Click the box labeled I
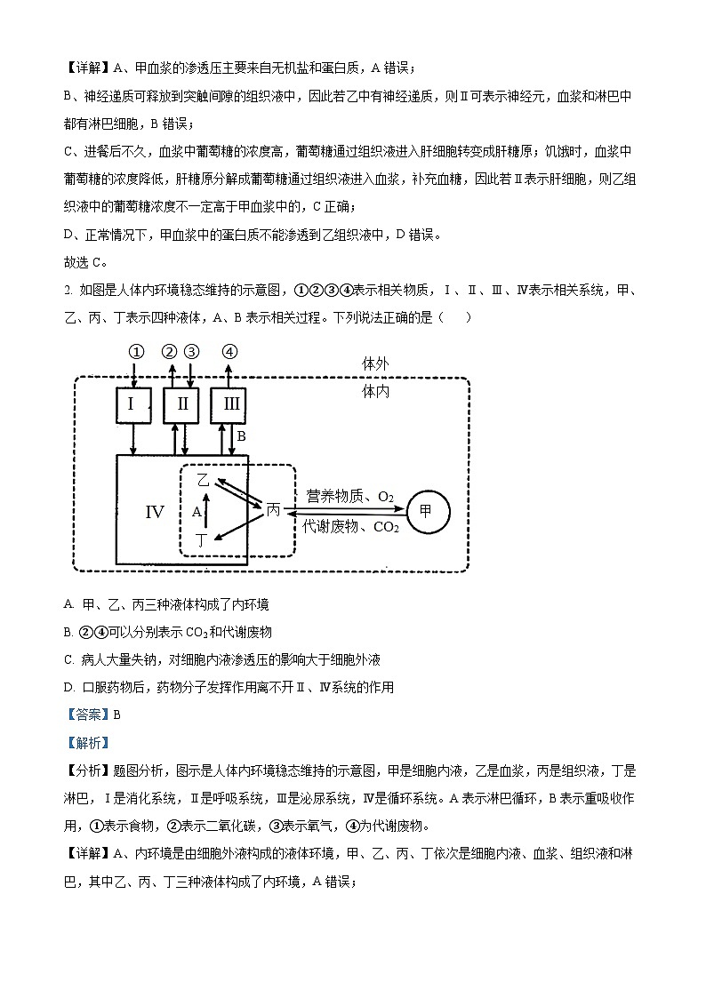132,405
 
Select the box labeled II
182,405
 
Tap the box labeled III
230,405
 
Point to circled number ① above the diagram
135,351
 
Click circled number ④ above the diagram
229,351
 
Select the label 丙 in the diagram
274,510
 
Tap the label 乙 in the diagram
203,480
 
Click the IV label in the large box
155,512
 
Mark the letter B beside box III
241,437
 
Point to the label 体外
375,364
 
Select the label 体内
375,391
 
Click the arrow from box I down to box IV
132,439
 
